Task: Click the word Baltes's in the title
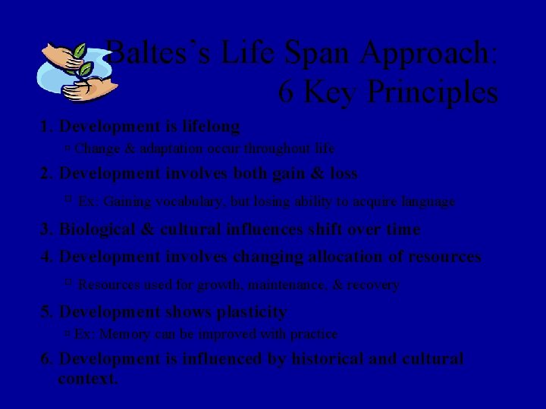(155, 54)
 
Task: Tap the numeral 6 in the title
(287, 92)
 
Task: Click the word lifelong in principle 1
(209, 126)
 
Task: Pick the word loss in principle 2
(342, 173)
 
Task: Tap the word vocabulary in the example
(174, 202)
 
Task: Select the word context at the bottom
(87, 378)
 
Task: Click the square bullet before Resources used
(67, 284)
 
